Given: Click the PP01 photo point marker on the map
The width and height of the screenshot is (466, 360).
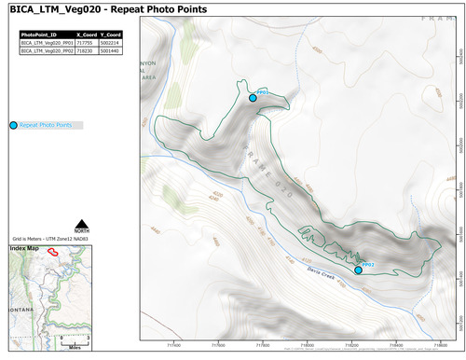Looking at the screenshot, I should (253, 97).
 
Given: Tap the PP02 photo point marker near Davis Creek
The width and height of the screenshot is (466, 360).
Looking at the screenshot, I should (359, 270).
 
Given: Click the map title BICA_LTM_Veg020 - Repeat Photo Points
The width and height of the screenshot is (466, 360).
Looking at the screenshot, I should (107, 9).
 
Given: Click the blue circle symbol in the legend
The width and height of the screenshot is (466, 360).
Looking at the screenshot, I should (12, 125).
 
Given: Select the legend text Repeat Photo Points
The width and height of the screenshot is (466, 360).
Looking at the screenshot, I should (46, 125).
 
